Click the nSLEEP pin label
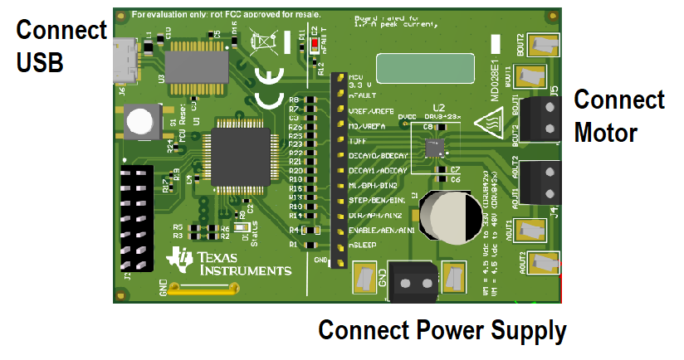coord(365,246)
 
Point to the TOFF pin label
coord(359,141)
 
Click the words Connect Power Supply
coord(442,330)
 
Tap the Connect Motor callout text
coord(618,116)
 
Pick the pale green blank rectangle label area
coord(420,67)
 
